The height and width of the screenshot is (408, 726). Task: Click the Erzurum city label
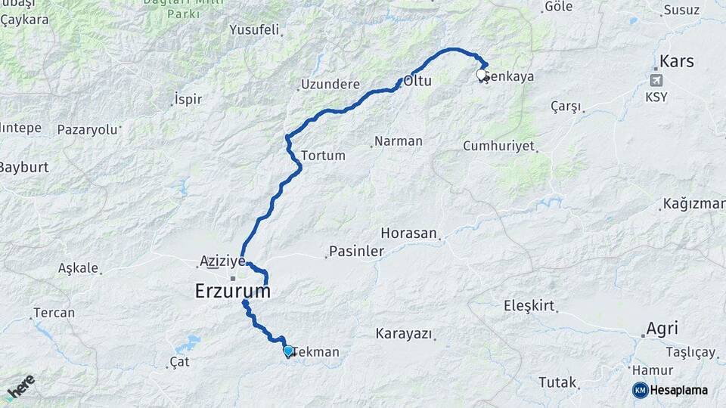pyautogui.click(x=232, y=291)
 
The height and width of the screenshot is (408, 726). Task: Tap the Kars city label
pyautogui.click(x=676, y=61)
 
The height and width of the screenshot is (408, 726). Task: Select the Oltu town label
pyautogui.click(x=417, y=80)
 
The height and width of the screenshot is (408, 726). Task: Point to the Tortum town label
pyautogui.click(x=323, y=156)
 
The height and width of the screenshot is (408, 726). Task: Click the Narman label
pyautogui.click(x=399, y=141)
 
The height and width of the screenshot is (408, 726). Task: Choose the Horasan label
pyautogui.click(x=409, y=233)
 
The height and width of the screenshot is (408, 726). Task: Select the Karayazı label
pyautogui.click(x=404, y=333)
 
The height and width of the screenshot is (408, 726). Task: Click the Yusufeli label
pyautogui.click(x=255, y=31)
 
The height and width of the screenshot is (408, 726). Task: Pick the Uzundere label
pyautogui.click(x=330, y=85)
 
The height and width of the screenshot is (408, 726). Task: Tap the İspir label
pyautogui.click(x=188, y=99)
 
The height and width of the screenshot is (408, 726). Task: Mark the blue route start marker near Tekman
pyautogui.click(x=288, y=351)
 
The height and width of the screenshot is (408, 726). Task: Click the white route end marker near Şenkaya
pyautogui.click(x=481, y=75)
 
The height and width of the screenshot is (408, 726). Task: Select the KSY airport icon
pyautogui.click(x=656, y=80)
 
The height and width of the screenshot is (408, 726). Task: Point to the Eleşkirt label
pyautogui.click(x=529, y=306)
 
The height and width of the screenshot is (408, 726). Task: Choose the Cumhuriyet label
pyautogui.click(x=498, y=146)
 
